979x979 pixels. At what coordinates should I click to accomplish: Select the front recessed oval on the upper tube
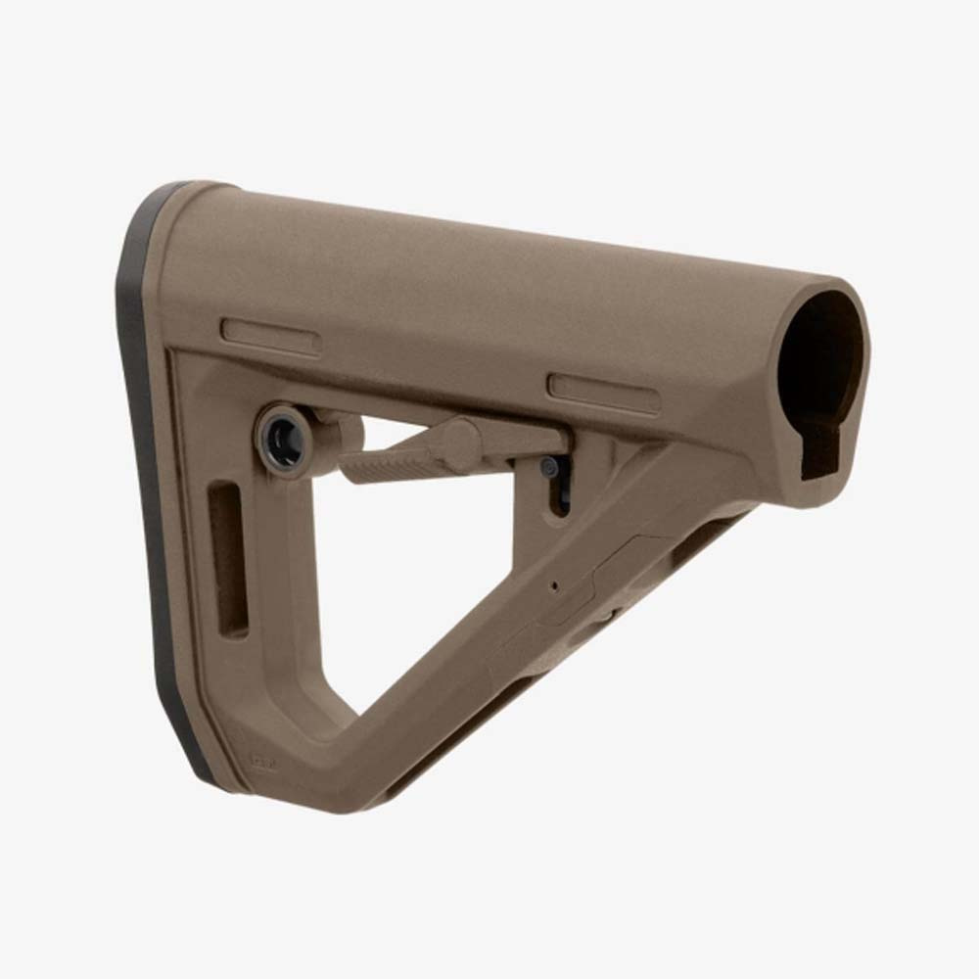point(603,392)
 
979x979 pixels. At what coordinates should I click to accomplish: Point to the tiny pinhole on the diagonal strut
point(554,586)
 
